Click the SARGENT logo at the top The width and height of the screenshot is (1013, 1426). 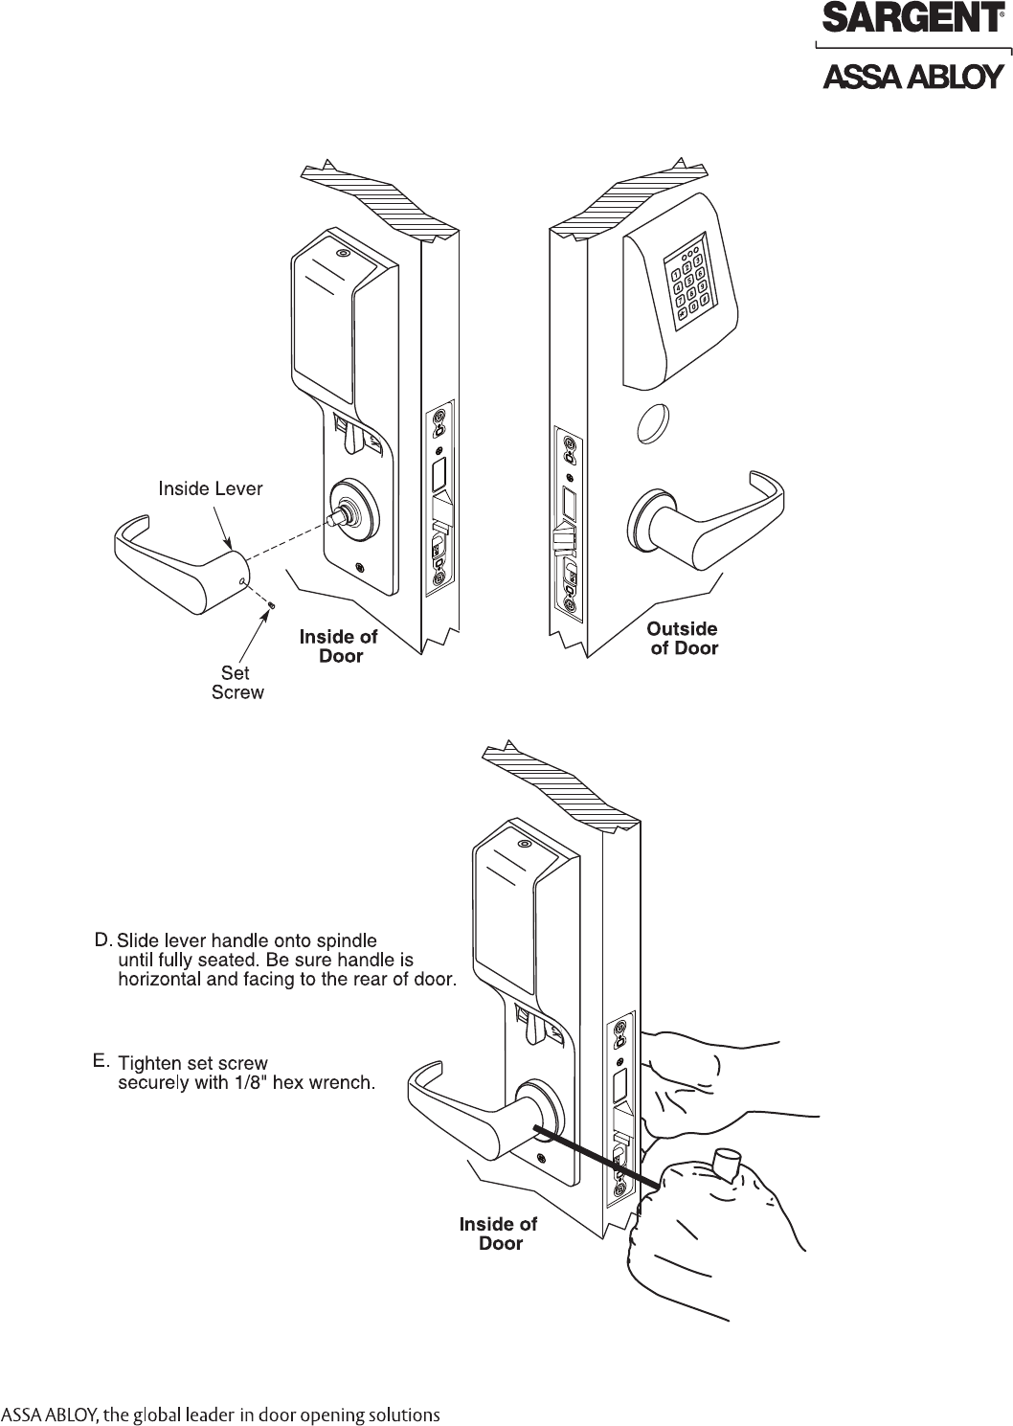tap(912, 19)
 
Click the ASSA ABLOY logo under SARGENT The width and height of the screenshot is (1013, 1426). tap(913, 76)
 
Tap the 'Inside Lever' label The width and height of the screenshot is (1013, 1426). tap(210, 489)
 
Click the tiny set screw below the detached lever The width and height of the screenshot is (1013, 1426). tap(271, 605)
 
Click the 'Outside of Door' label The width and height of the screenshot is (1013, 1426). tap(683, 638)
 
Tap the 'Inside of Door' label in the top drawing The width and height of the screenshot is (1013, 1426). tap(339, 646)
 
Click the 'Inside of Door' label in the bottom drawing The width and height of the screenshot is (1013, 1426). tap(499, 1234)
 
